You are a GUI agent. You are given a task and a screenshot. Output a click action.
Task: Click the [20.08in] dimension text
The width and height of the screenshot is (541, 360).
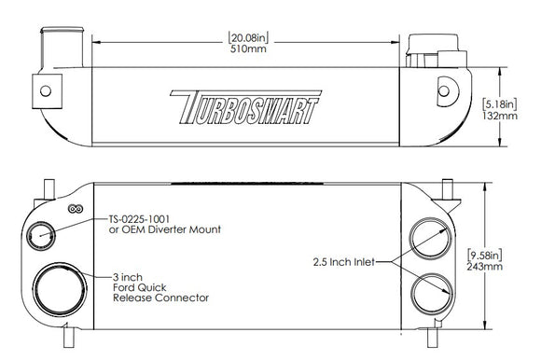point(248,38)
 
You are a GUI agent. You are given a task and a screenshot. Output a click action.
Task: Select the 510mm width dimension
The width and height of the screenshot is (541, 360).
point(248,50)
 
